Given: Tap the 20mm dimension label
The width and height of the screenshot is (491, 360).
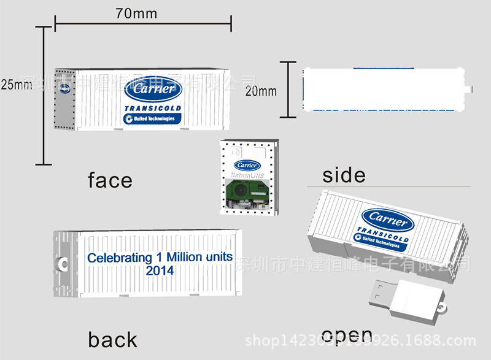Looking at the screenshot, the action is pyautogui.click(x=261, y=91).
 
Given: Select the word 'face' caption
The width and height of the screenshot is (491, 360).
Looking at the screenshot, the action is pyautogui.click(x=110, y=180).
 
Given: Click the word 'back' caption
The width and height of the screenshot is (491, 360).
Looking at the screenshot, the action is pyautogui.click(x=112, y=339).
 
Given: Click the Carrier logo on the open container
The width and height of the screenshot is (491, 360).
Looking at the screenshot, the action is pyautogui.click(x=387, y=218).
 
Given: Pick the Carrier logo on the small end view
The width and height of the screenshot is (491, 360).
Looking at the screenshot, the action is pyautogui.click(x=247, y=165).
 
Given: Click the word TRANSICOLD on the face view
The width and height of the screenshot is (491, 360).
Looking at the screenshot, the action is pyautogui.click(x=153, y=109).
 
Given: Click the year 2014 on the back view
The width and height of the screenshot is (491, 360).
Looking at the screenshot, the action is pyautogui.click(x=160, y=270).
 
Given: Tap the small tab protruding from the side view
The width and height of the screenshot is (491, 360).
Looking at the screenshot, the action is pyautogui.click(x=472, y=90).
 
